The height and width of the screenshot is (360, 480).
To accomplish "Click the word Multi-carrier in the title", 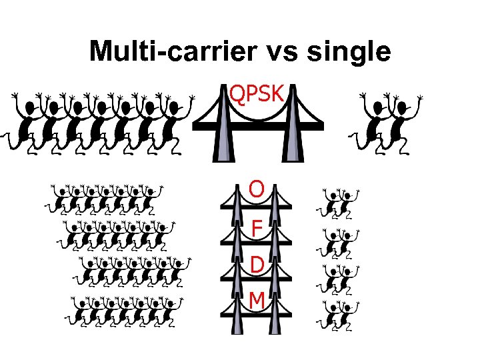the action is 170,51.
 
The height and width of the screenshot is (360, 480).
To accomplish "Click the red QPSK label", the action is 257,93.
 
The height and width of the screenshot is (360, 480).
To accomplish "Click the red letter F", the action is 257,229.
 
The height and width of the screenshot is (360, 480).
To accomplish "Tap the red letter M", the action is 257,301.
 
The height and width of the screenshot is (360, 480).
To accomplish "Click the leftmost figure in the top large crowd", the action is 27,123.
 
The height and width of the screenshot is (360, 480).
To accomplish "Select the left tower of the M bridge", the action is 237,313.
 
